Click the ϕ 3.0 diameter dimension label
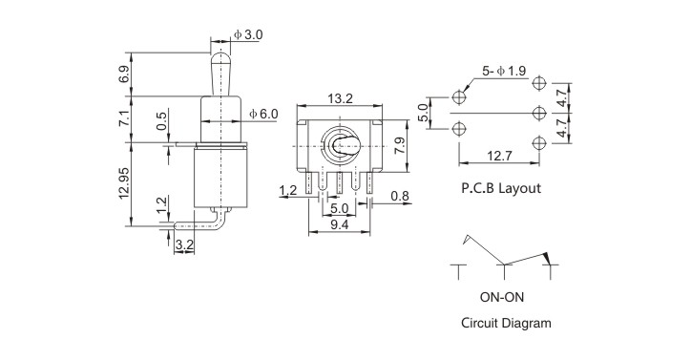point(248,34)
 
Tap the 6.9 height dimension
point(124,74)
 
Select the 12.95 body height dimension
point(124,182)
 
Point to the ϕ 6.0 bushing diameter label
point(264,114)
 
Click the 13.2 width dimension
point(340,98)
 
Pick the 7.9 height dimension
point(400,145)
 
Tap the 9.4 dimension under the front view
point(340,224)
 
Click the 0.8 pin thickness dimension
point(400,196)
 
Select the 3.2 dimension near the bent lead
point(184,245)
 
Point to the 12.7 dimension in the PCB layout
point(500,156)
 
